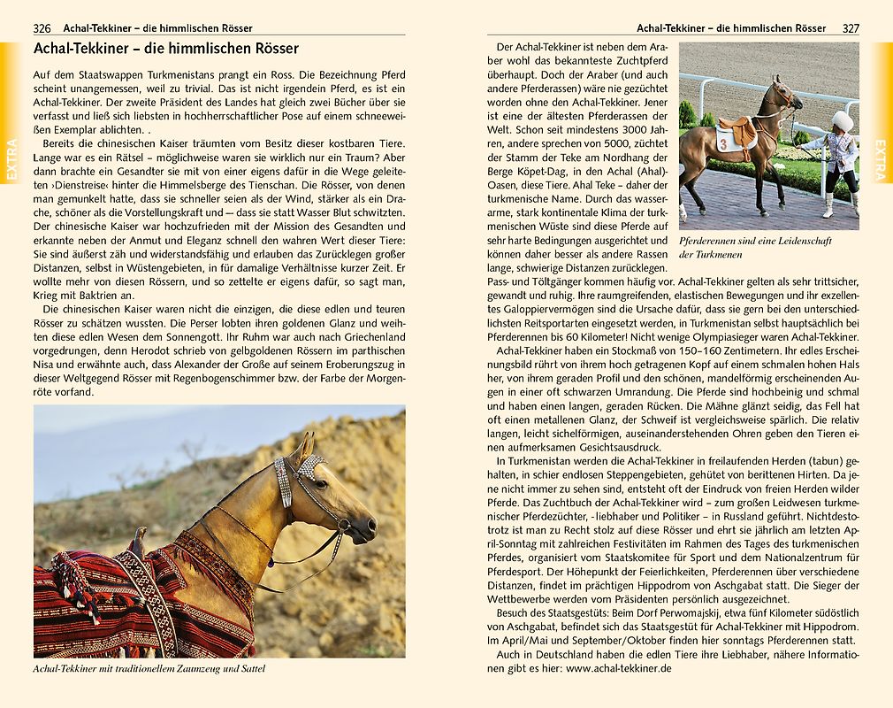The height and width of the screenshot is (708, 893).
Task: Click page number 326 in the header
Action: click(x=42, y=28)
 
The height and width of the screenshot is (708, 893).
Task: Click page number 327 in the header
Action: click(x=850, y=28)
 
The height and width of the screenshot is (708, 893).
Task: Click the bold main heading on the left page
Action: click(x=165, y=49)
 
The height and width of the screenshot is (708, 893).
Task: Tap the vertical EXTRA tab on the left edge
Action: click(x=11, y=159)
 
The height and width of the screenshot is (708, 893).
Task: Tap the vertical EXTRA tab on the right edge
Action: click(x=882, y=159)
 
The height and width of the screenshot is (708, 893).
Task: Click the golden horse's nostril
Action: click(x=370, y=528)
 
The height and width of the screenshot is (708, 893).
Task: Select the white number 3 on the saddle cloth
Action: click(x=722, y=141)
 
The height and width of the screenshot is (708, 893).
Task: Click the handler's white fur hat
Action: click(x=842, y=119)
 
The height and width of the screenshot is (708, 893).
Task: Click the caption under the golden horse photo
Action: click(x=149, y=669)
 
